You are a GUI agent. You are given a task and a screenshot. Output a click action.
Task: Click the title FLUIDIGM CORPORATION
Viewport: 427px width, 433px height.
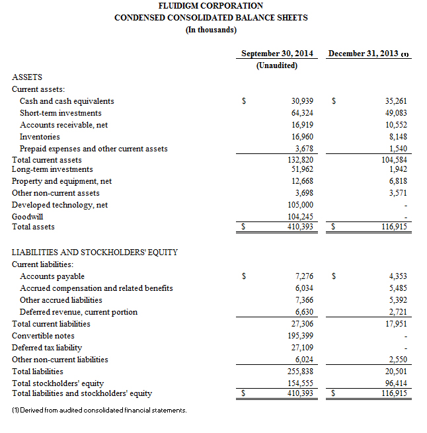(211, 6)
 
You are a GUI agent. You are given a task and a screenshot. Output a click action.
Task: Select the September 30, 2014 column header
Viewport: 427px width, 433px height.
(277, 54)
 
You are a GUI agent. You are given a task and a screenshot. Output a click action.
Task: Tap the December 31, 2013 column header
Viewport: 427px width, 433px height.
(368, 54)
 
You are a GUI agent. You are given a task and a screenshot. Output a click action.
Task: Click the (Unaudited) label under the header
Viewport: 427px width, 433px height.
(277, 65)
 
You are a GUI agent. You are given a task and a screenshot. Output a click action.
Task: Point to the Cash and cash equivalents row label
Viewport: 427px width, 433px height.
(67, 101)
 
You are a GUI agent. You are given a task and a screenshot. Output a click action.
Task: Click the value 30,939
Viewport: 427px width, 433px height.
(302, 101)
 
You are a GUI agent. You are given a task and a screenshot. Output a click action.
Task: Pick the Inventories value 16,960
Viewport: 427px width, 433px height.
(302, 137)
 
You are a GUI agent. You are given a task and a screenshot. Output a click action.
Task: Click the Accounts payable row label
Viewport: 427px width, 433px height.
(52, 276)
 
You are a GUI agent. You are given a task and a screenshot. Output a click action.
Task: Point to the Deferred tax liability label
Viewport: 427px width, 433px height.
(47, 348)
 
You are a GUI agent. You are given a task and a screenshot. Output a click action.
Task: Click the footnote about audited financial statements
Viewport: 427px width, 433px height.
(99, 411)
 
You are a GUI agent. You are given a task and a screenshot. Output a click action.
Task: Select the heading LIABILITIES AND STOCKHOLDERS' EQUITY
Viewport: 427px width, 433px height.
(95, 253)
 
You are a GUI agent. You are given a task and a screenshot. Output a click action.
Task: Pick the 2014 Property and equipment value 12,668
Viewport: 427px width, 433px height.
(302, 181)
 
